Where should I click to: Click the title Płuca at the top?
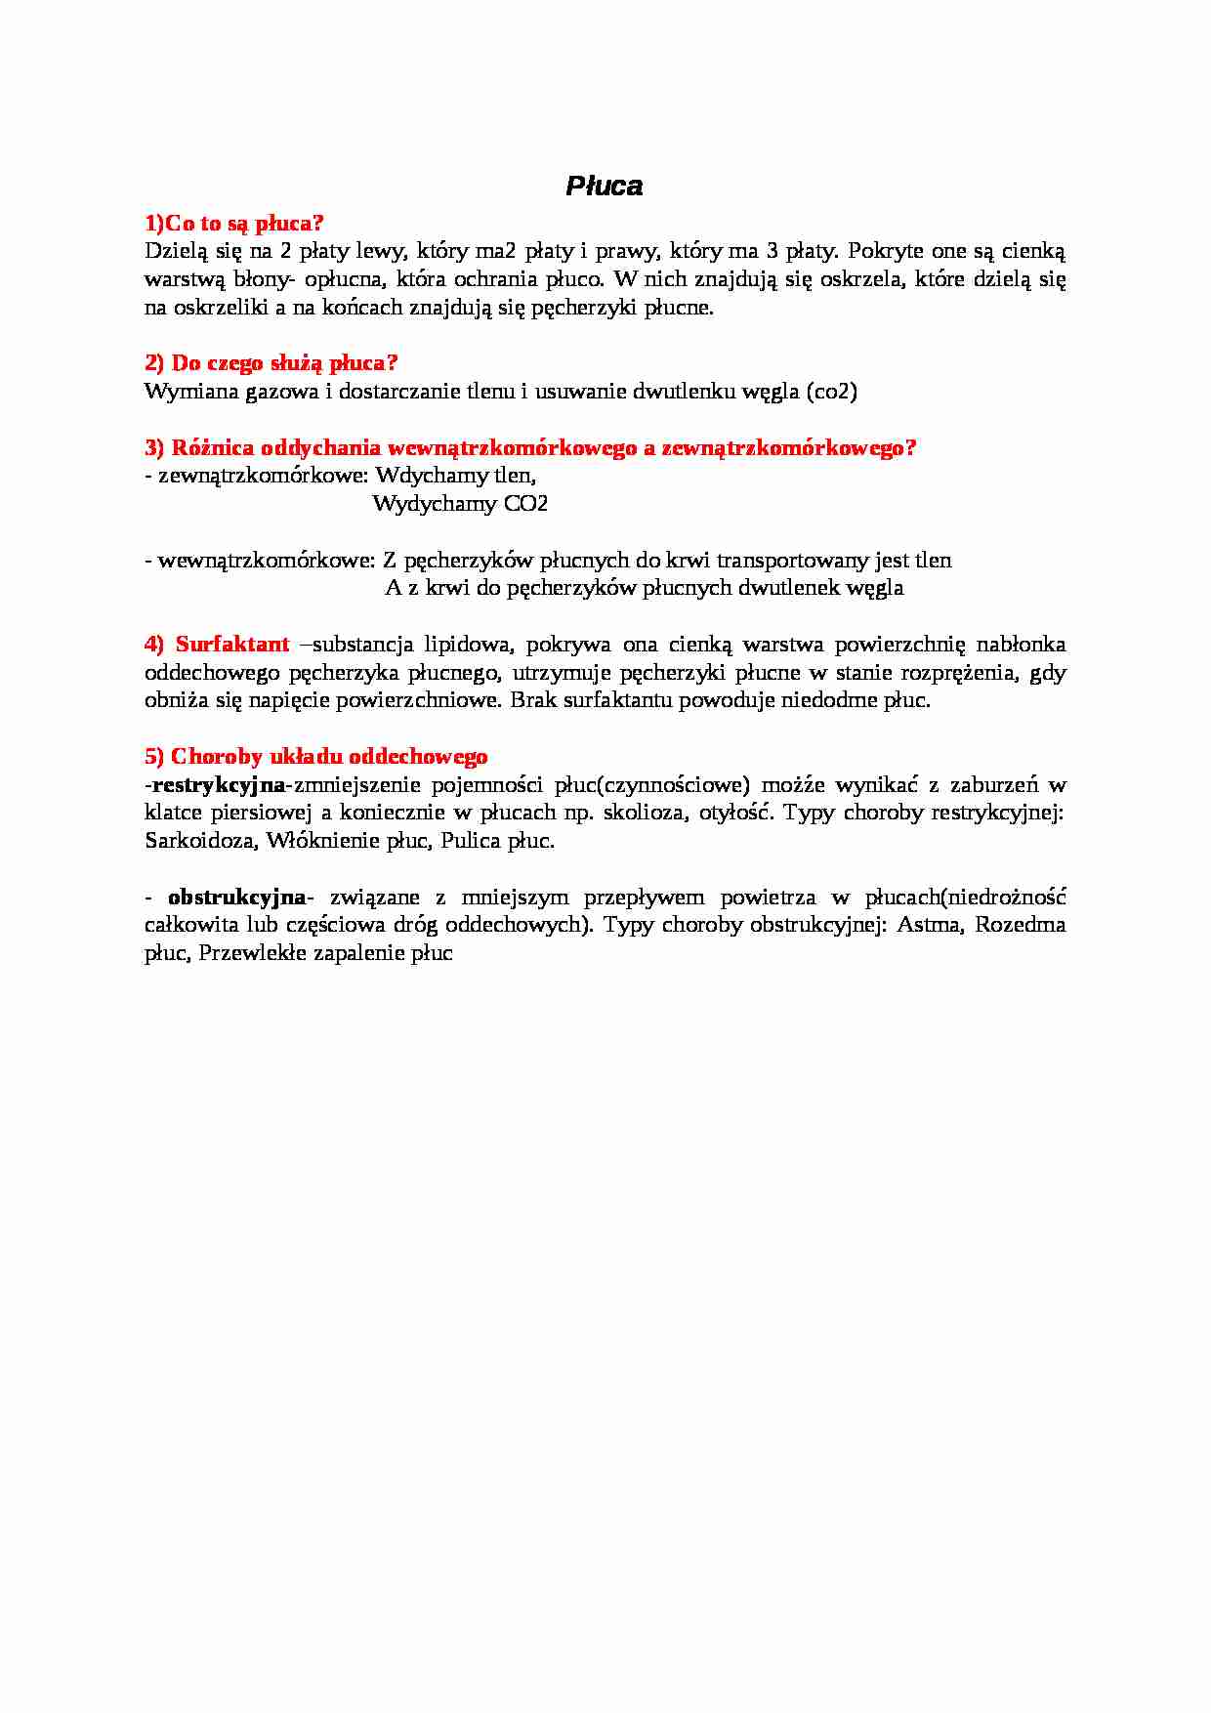[x=604, y=187]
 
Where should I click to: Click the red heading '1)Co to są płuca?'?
[x=233, y=224]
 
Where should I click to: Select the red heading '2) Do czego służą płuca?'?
[x=271, y=363]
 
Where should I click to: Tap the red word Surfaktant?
[x=232, y=645]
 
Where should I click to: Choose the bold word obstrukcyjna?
[x=236, y=898]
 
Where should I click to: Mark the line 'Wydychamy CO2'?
[x=460, y=504]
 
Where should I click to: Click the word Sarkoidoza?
[x=200, y=841]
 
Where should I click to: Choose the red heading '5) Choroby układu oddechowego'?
[x=315, y=757]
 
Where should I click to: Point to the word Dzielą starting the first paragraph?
[x=176, y=252]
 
